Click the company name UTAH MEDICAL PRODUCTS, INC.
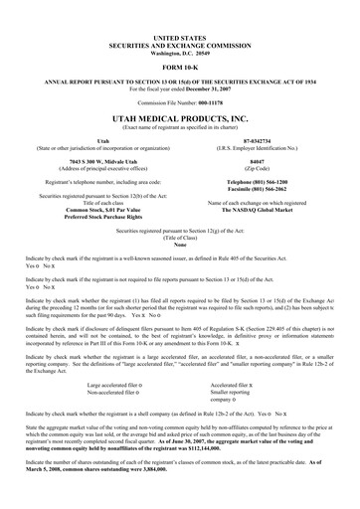tap(179, 117)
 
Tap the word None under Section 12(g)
tap(179, 246)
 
